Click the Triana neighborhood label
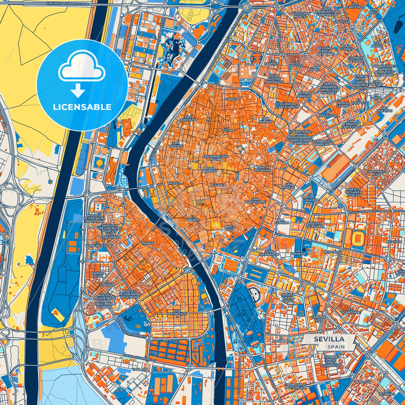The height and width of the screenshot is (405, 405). click(148, 243)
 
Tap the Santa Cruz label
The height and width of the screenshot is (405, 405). click(230, 228)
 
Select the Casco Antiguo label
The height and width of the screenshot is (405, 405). click(209, 170)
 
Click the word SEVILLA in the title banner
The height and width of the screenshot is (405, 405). click(329, 339)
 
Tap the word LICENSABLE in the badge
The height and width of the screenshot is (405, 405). click(82, 107)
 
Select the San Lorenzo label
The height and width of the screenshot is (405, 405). click(188, 118)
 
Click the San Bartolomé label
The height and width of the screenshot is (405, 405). click(255, 200)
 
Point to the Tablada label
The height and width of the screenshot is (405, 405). click(140, 369)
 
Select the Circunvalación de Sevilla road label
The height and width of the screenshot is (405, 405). click(67, 3)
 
